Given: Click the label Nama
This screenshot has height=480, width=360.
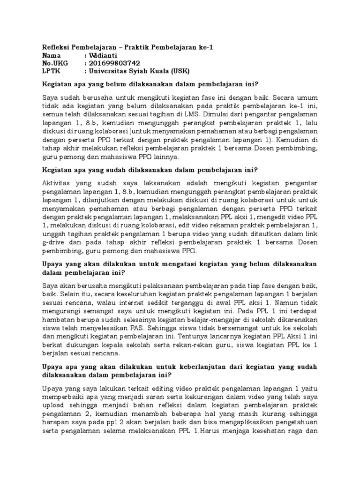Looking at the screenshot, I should pyautogui.click(x=52, y=55).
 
